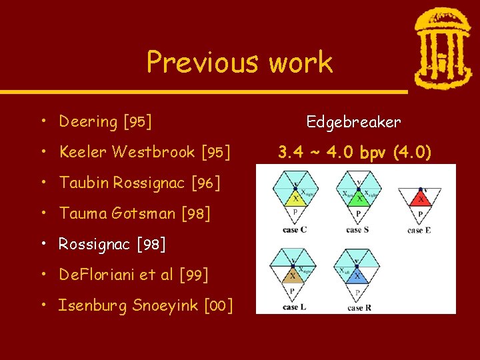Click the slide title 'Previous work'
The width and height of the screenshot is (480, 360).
tap(239, 62)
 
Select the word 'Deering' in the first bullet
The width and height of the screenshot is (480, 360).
tap(88, 121)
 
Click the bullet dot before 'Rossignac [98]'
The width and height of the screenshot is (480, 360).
tap(43, 244)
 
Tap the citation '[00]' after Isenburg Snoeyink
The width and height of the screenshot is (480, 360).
tap(219, 305)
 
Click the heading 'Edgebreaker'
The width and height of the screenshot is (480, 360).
tap(353, 122)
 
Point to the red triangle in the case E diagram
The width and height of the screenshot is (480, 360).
tap(420, 197)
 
